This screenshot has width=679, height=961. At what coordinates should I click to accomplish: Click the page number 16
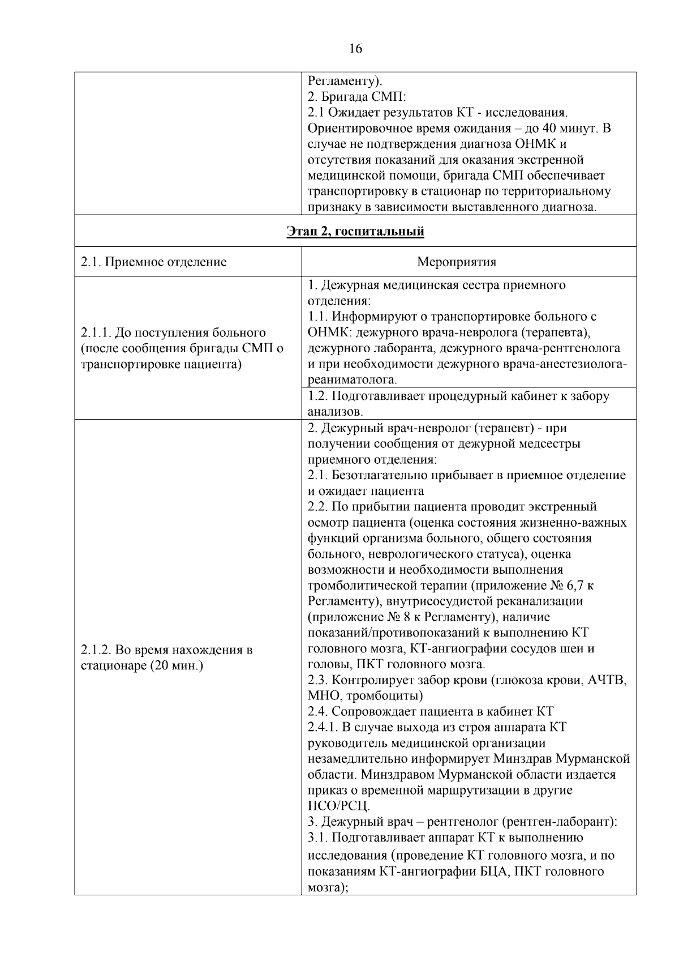coord(355,49)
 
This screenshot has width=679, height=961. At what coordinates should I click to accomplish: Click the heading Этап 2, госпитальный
coord(355,232)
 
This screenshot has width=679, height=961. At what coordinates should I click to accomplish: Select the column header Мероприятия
coord(456,262)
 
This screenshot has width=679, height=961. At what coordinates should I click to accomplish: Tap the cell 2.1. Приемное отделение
coord(154,262)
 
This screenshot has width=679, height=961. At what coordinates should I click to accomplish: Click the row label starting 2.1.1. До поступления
coord(174,332)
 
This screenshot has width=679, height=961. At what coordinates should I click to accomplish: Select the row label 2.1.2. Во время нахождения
coord(166,649)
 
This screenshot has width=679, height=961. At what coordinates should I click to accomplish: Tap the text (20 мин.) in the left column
coord(177,665)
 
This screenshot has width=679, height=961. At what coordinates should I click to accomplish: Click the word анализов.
coord(335,412)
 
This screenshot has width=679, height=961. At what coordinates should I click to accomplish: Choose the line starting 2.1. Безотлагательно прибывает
coord(467,475)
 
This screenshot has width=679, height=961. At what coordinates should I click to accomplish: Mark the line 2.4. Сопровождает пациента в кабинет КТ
coord(431,711)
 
